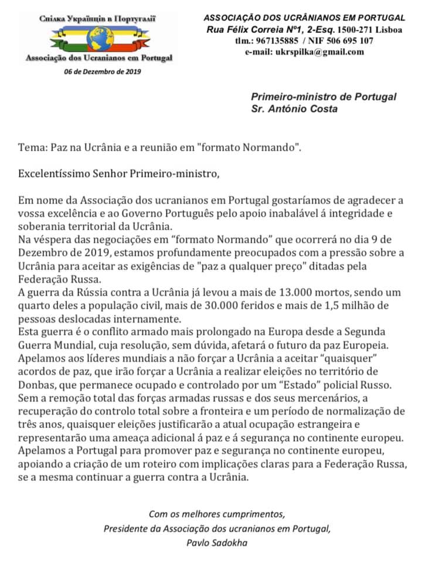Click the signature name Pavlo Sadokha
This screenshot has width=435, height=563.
[x=217, y=542]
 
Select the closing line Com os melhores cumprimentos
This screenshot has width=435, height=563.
[x=217, y=514]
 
